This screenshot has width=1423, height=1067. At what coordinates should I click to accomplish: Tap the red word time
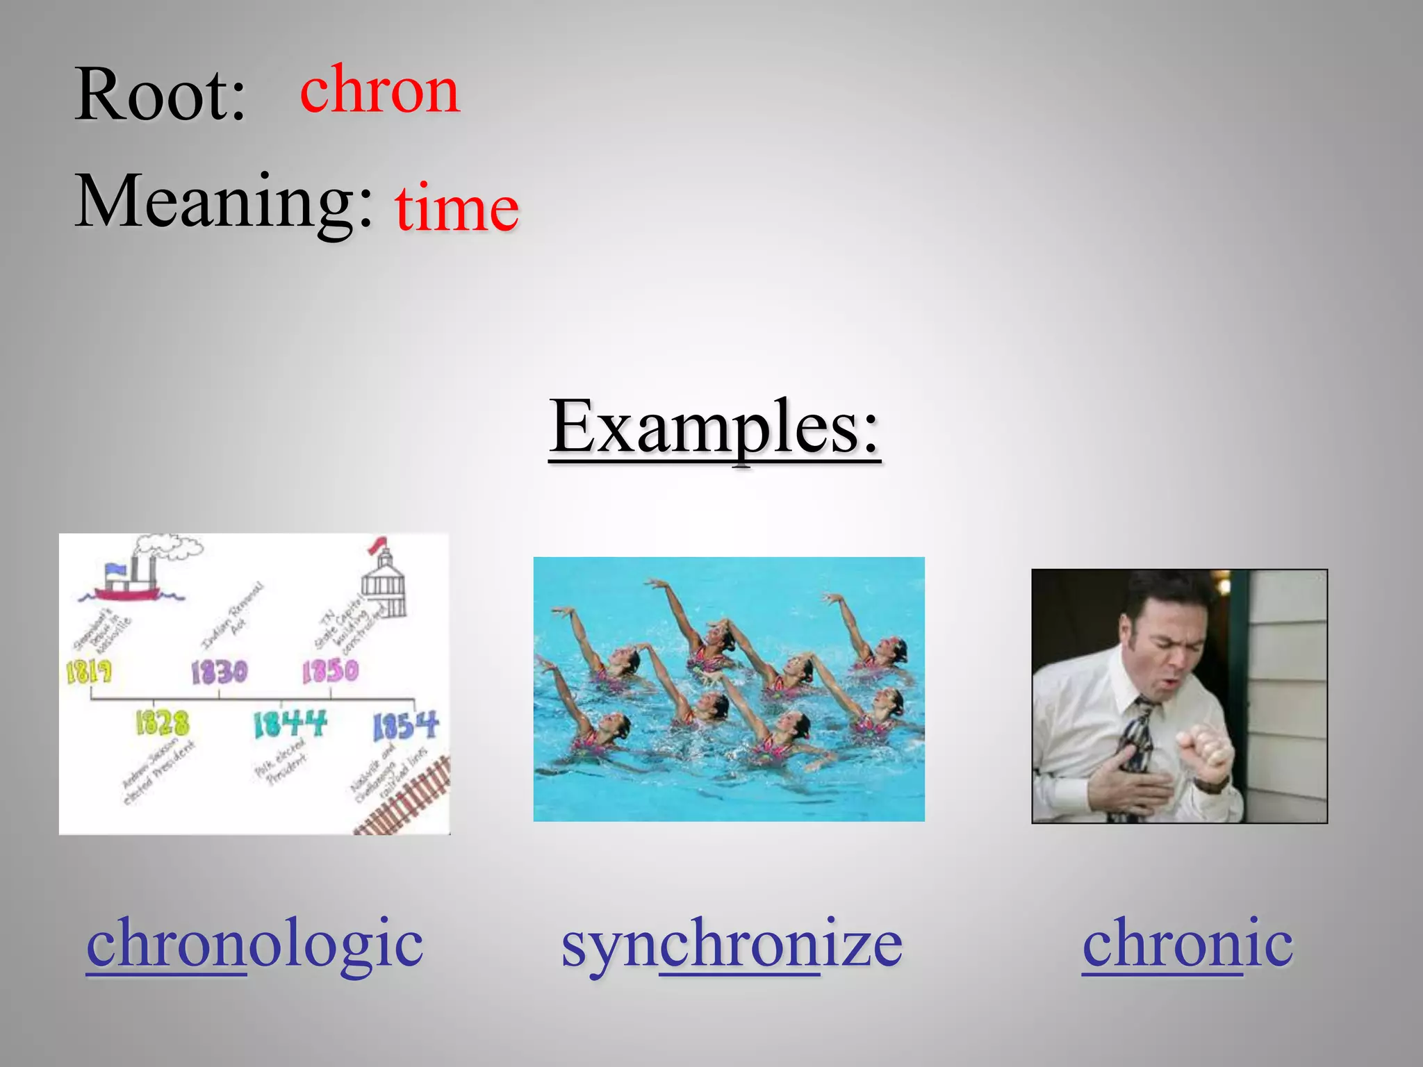coord(456,207)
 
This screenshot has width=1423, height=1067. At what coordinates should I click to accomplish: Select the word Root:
coord(161,95)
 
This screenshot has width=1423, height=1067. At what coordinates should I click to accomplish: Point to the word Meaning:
coord(224,201)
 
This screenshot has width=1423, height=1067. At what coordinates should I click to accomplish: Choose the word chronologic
coord(254,943)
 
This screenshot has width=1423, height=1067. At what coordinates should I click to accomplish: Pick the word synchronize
coord(731,943)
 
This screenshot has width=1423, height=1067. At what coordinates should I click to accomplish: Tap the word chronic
coord(1187,943)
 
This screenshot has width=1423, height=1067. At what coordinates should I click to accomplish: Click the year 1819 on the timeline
coord(89,672)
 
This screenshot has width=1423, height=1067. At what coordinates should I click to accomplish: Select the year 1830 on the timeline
coord(219,672)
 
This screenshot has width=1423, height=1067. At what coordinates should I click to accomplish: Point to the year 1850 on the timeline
coord(330,671)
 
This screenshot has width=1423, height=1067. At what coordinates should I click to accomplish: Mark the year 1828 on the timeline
coord(162,723)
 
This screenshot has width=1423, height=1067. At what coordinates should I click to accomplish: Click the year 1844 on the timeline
coord(289,725)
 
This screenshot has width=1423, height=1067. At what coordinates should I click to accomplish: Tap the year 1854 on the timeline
coord(405,727)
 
